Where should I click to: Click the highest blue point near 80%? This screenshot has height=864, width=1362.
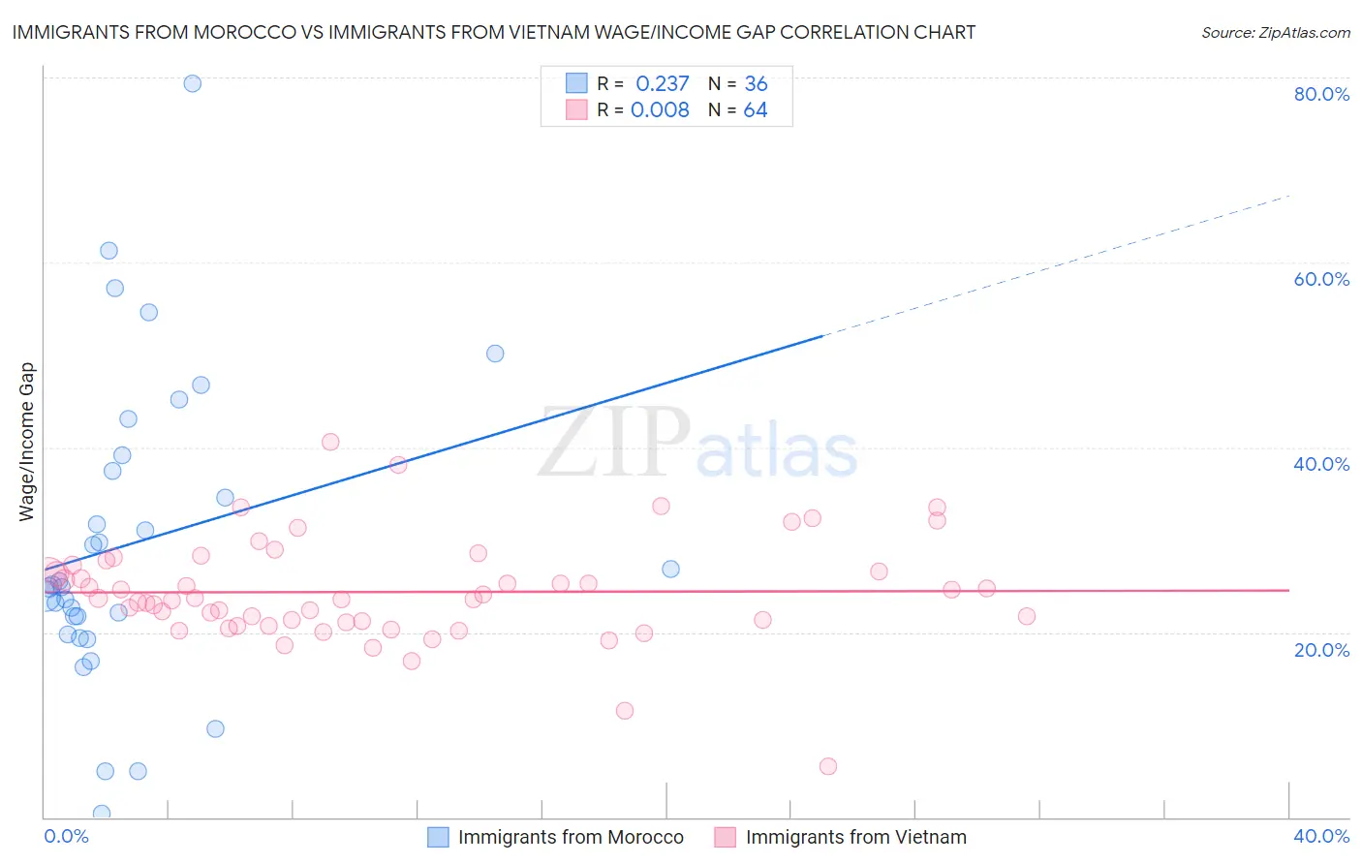[x=193, y=83]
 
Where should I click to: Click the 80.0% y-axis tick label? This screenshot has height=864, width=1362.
[x=1321, y=94]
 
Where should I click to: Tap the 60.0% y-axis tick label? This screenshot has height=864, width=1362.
[x=1321, y=279]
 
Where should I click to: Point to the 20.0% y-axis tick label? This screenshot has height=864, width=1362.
[x=1321, y=650]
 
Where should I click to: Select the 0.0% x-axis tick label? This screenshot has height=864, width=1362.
[x=66, y=836]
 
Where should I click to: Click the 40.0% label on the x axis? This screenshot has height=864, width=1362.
[x=1321, y=836]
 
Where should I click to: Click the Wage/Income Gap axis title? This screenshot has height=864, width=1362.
[x=27, y=442]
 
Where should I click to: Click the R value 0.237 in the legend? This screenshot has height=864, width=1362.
[x=663, y=83]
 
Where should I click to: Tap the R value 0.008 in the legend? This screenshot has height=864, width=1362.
[x=660, y=109]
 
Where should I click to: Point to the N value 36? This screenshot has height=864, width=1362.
[x=756, y=83]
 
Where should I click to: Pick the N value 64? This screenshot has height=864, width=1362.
[x=756, y=109]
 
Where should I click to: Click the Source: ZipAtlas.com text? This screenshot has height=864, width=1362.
[x=1275, y=32]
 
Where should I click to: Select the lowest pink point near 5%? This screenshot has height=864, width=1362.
[x=828, y=766]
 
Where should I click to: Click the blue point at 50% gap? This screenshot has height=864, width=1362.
[x=495, y=354]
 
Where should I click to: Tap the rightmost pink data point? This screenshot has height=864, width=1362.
[x=1027, y=616]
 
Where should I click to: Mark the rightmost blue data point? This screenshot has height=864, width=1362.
[x=670, y=569]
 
